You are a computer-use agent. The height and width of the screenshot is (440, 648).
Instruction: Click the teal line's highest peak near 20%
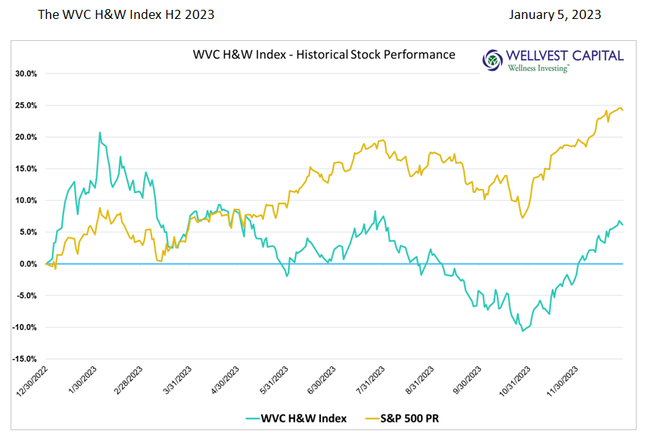coord(100,133)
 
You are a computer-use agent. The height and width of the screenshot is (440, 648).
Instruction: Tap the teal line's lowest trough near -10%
coord(522,331)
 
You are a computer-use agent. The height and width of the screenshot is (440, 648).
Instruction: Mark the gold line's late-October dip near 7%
coord(522,218)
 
